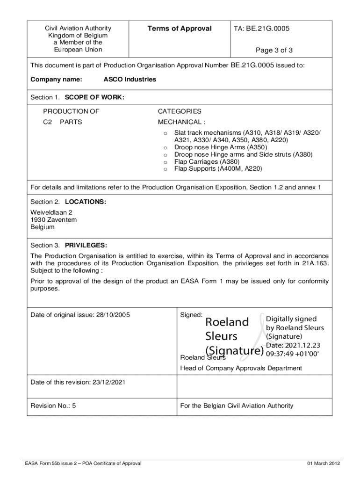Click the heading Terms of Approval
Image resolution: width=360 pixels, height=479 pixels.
pyautogui.click(x=180, y=29)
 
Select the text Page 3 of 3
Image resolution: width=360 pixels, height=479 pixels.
pyautogui.click(x=274, y=50)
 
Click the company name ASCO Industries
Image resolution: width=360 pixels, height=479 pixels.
pyautogui.click(x=130, y=80)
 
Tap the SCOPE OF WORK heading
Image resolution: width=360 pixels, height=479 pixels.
pyautogui.click(x=94, y=97)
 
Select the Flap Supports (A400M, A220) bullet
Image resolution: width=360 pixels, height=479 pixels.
pyautogui.click(x=218, y=168)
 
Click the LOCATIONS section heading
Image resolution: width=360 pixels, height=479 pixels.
pyautogui.click(x=85, y=202)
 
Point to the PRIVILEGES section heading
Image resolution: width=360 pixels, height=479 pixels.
pyautogui.click(x=86, y=245)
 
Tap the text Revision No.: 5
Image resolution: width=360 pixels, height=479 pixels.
pyautogui.click(x=53, y=406)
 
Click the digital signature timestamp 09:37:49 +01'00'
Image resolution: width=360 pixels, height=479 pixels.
pyautogui.click(x=292, y=354)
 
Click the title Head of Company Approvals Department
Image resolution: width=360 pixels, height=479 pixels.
pyautogui.click(x=241, y=368)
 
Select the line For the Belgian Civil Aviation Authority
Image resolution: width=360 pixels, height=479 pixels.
pyautogui.click(x=237, y=406)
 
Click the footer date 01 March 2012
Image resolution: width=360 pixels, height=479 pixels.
pyautogui.click(x=324, y=463)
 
